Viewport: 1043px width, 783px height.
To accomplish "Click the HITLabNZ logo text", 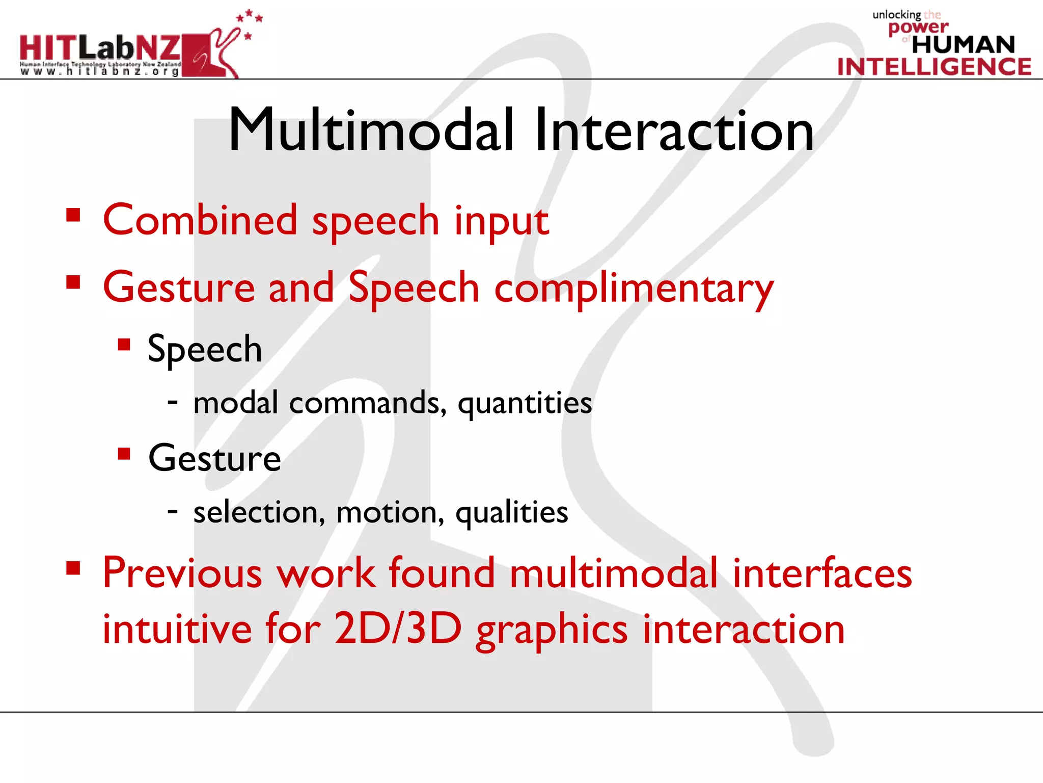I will coord(100,48).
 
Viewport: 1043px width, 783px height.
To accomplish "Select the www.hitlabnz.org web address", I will coord(99,72).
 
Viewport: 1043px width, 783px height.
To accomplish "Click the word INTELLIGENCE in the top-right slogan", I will coord(934,67).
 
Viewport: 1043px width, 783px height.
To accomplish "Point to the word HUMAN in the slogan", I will coord(963,45).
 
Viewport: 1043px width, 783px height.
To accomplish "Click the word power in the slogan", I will coord(918,27).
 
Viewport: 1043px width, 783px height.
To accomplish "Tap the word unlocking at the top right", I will coord(896,14).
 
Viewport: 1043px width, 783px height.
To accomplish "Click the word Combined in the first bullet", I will coord(200,220).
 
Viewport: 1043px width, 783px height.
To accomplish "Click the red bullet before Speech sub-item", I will coord(124,345).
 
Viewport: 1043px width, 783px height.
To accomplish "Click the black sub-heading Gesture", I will coord(214,458).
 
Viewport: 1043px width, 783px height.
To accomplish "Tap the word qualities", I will coord(511,513).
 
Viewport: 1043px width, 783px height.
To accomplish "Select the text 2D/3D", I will coord(398,629).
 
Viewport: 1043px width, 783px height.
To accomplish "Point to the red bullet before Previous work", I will coord(73,568).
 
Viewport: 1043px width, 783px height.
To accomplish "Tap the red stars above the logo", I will coord(249,20).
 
